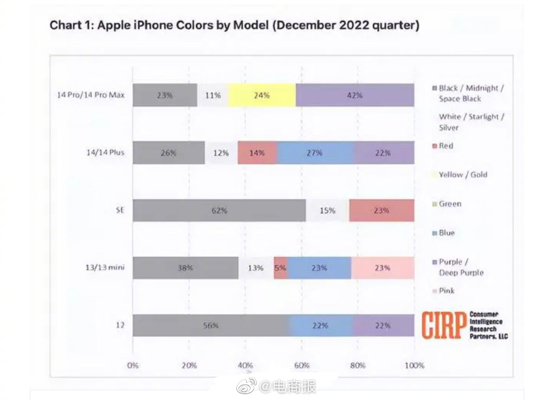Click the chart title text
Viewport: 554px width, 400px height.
coord(234,26)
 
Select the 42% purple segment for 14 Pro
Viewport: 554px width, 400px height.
coord(355,95)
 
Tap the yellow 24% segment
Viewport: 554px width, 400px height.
coord(262,95)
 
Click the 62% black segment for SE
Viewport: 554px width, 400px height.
coord(220,210)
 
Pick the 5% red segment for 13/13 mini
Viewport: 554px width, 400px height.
coord(281,268)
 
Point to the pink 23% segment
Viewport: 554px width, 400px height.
coord(382,268)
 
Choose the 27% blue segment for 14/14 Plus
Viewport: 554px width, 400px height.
coord(315,153)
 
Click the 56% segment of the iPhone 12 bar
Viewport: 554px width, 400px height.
coord(210,326)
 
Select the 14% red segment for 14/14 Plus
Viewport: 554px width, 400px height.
coord(257,153)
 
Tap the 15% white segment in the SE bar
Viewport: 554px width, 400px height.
coord(327,210)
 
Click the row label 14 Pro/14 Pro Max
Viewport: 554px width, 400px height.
coord(91,95)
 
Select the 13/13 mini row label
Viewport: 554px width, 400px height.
coord(105,267)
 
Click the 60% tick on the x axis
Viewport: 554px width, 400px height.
coord(302,366)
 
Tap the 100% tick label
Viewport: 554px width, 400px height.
coord(414,366)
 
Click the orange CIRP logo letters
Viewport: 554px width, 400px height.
coord(444,325)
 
